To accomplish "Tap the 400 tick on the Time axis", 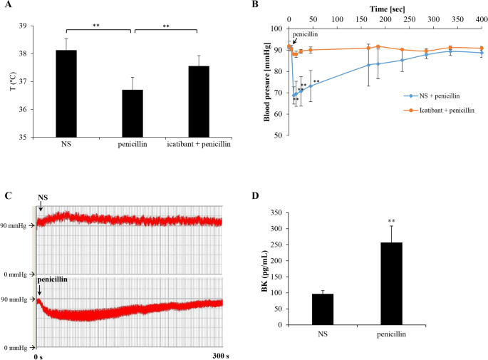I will click(x=482, y=19).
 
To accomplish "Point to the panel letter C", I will click(x=7, y=195).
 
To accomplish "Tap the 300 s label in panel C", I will click(x=223, y=356).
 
